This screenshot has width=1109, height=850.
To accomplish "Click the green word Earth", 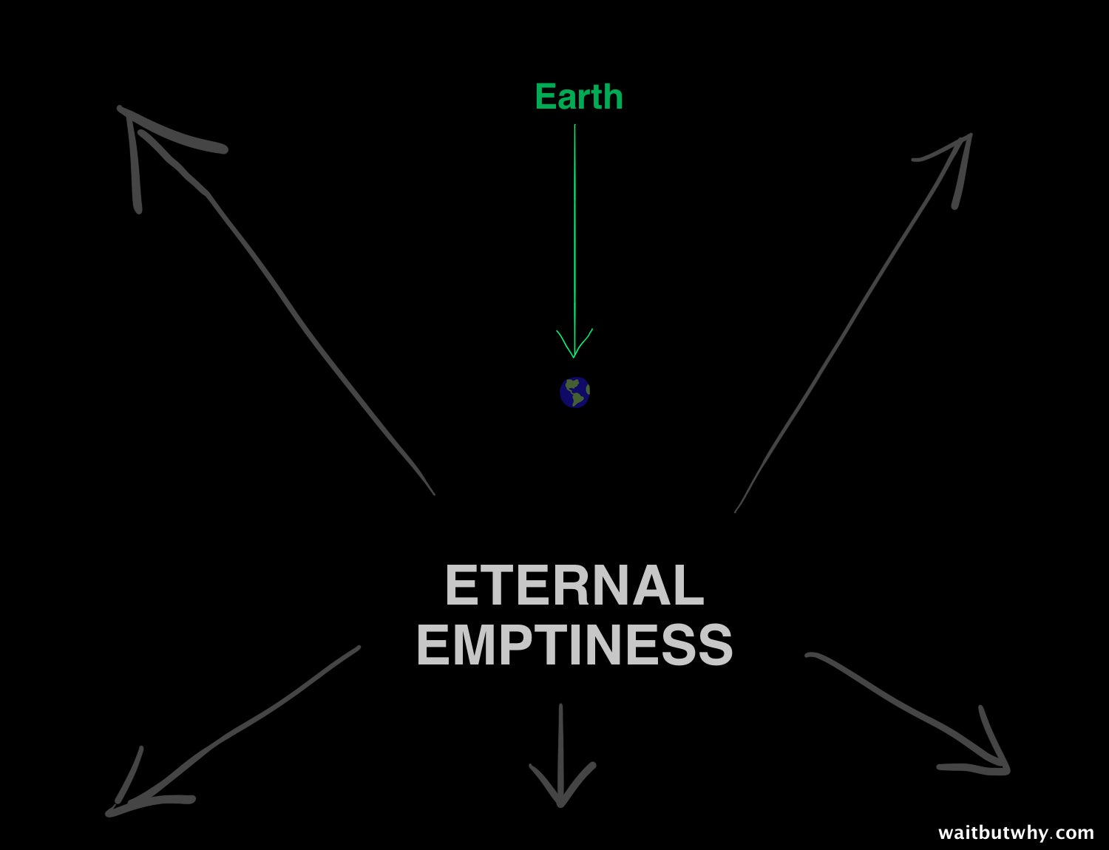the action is point(579,96).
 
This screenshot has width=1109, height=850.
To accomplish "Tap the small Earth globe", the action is point(574,392).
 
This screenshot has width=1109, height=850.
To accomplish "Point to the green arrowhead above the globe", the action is point(574,344).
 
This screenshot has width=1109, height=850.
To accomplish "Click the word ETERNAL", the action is point(574,585).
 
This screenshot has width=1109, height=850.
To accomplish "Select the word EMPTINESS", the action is point(574,645).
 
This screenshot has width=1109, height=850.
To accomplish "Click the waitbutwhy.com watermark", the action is point(1016,833).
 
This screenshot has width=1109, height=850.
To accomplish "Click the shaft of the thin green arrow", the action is point(574,239).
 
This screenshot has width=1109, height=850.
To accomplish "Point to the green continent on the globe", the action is point(576,392).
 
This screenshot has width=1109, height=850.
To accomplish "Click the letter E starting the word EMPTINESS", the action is point(433,645).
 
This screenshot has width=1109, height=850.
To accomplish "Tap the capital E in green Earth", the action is point(545,96).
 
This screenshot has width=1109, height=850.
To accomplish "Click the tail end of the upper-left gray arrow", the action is point(434,494).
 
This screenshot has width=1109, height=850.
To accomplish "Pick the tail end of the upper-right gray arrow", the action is point(736,511).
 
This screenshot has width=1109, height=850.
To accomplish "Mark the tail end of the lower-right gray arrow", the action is point(807,656).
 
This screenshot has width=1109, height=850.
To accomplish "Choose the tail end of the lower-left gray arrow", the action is point(359,648).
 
